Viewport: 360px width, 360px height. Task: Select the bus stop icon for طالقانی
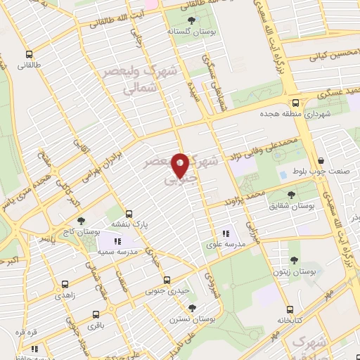(29, 54)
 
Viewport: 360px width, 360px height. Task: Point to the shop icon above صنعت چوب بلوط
(320, 161)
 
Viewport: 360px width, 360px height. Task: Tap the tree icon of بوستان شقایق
(291, 194)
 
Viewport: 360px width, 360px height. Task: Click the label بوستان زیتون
(294, 271)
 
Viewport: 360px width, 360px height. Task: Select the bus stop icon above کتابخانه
(288, 309)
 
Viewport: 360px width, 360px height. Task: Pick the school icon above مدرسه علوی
(226, 233)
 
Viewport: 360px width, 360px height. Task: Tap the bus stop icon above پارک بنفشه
(128, 214)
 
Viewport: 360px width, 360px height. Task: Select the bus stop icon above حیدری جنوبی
(167, 279)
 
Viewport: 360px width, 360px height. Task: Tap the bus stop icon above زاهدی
(65, 285)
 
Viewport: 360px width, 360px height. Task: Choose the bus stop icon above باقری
(96, 314)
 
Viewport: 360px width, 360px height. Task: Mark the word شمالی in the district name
(138, 90)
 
